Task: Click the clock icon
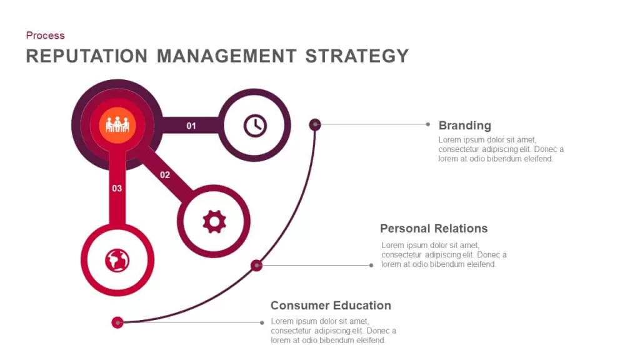[x=255, y=125]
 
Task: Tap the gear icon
[x=214, y=222]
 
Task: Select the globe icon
[x=117, y=261]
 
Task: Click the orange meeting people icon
[x=117, y=125]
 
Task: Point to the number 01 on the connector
[x=191, y=126]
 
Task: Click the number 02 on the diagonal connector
[x=165, y=175]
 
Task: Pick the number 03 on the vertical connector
[x=117, y=189]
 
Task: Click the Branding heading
[x=465, y=125]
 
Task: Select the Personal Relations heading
[x=434, y=228]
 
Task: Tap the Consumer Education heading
[x=331, y=305]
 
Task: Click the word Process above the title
[x=45, y=36]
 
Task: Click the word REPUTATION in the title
[x=87, y=56]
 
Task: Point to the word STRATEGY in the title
[x=357, y=56]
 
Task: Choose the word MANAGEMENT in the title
[x=226, y=56]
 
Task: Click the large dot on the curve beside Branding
[x=315, y=124]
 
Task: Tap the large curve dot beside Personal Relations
[x=256, y=265]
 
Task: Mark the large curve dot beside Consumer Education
[x=117, y=322]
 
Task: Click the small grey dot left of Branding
[x=427, y=124]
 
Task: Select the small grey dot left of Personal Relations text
[x=371, y=265]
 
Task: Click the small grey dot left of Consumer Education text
[x=262, y=323]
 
